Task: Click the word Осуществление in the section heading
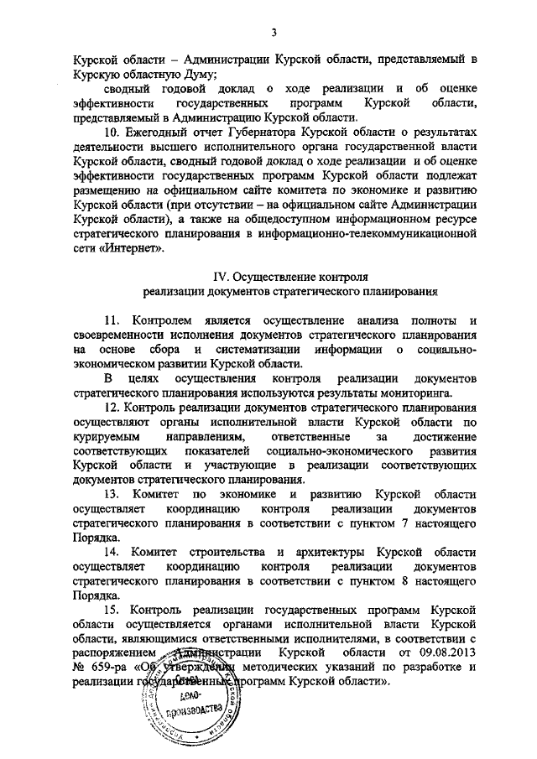click(273, 275)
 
